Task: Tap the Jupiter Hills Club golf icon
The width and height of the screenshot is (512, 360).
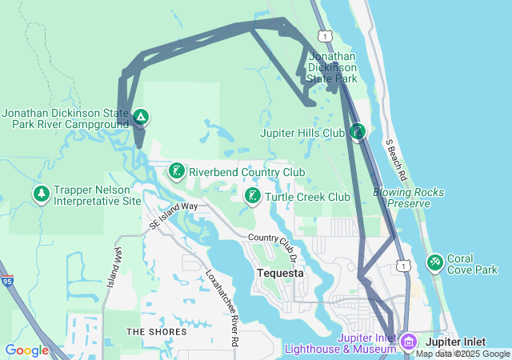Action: (358, 131)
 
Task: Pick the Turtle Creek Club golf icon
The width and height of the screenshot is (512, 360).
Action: (252, 196)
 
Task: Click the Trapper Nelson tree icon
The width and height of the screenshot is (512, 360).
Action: (41, 194)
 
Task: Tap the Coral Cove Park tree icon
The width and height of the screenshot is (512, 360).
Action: (435, 262)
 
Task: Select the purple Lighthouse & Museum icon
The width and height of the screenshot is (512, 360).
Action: (409, 342)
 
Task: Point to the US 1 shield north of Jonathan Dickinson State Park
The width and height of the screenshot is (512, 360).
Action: (324, 36)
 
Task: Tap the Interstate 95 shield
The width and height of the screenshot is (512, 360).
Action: (7, 281)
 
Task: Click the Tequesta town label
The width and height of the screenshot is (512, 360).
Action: (280, 273)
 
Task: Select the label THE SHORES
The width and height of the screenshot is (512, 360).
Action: (156, 331)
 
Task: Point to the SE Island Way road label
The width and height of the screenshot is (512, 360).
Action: (173, 215)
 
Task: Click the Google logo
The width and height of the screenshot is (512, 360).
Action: (26, 350)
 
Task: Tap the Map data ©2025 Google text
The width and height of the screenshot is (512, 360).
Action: (462, 354)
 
